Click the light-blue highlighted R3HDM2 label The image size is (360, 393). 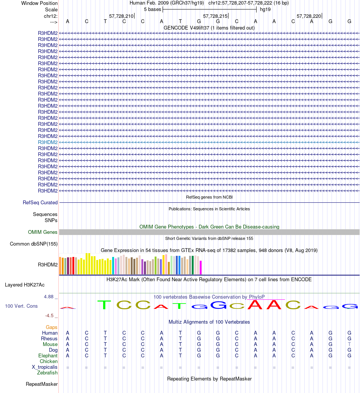(48, 142)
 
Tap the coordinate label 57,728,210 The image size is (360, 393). (121, 16)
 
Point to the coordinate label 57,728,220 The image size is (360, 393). (309, 16)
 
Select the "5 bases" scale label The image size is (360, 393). (152, 9)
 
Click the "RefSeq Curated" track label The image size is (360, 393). (40, 203)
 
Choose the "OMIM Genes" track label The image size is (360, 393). (43, 232)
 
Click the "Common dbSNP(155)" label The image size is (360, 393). (34, 244)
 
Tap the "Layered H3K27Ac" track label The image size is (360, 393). (25, 285)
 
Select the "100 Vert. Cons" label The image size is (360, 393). (21, 306)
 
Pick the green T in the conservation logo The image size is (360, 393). (105, 305)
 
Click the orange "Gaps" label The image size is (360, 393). (52, 327)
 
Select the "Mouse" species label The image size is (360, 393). (50, 344)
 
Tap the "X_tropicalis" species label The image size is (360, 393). (45, 367)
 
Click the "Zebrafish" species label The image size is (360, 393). (47, 373)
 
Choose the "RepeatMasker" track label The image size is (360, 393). (42, 384)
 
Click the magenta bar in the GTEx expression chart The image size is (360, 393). (201, 267)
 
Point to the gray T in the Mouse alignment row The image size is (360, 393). (349, 344)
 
